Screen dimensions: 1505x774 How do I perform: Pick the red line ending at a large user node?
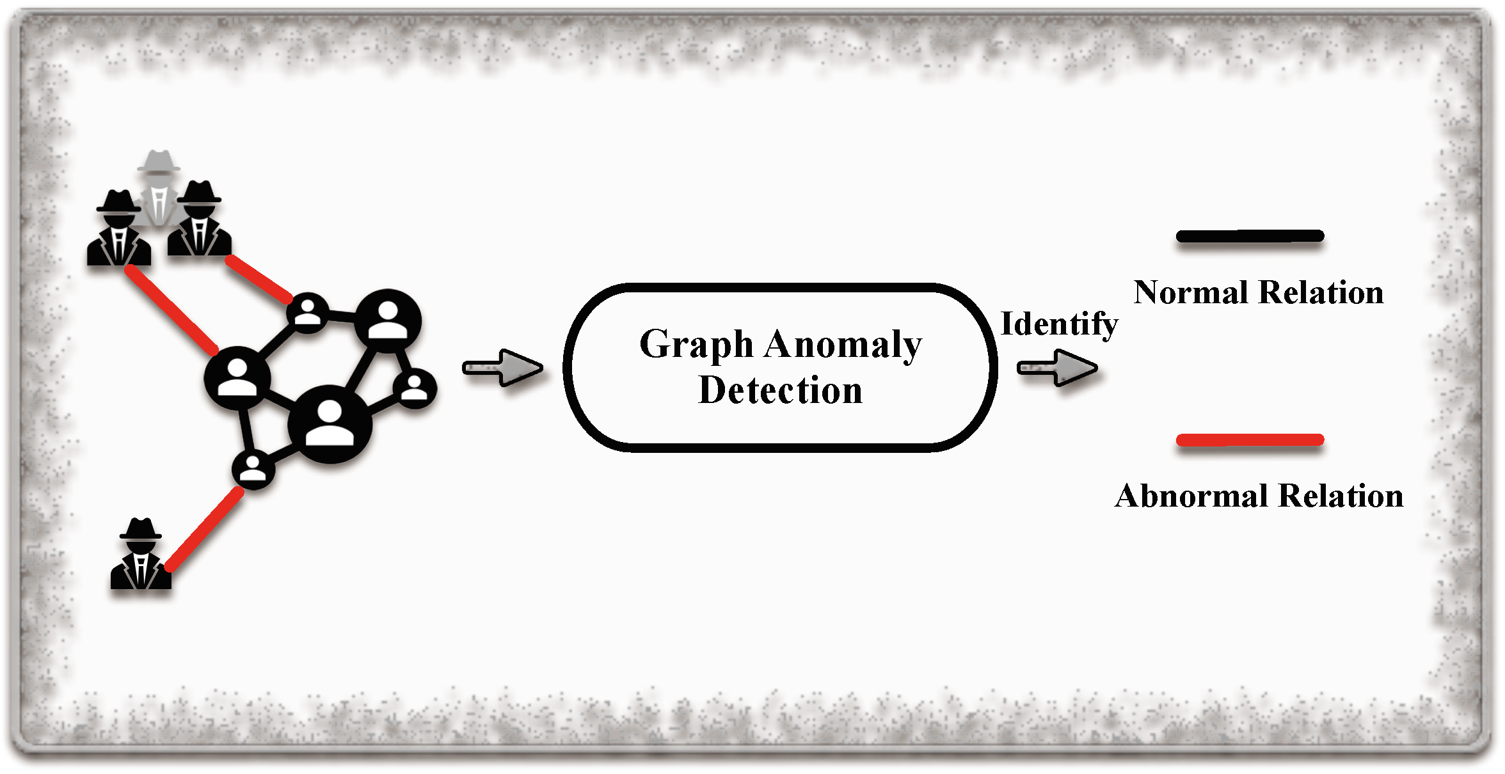pyautogui.click(x=171, y=310)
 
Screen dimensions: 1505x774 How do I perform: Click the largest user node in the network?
pyautogui.click(x=330, y=423)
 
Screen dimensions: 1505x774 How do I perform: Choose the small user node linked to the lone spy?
pyautogui.click(x=253, y=469)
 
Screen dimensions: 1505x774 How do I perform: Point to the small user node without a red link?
pyautogui.click(x=415, y=388)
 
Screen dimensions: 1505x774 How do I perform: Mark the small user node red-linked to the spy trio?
pyautogui.click(x=308, y=313)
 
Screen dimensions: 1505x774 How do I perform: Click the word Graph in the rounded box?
pyautogui.click(x=697, y=345)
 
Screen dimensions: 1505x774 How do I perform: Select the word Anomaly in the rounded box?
pyautogui.click(x=843, y=345)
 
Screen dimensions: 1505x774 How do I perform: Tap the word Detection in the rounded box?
pyautogui.click(x=781, y=390)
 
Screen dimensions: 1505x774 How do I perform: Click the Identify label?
pyautogui.click(x=1059, y=324)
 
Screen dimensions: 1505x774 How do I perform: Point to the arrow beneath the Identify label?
pyautogui.click(x=1058, y=368)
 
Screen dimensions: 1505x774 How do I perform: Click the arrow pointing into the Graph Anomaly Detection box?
pyautogui.click(x=503, y=368)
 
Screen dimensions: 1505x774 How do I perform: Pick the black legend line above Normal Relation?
pyautogui.click(x=1250, y=237)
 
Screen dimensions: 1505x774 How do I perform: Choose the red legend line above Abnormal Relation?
pyautogui.click(x=1250, y=440)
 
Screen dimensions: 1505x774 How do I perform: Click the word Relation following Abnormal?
pyautogui.click(x=1342, y=496)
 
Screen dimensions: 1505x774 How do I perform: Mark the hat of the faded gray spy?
pyautogui.click(x=159, y=162)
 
